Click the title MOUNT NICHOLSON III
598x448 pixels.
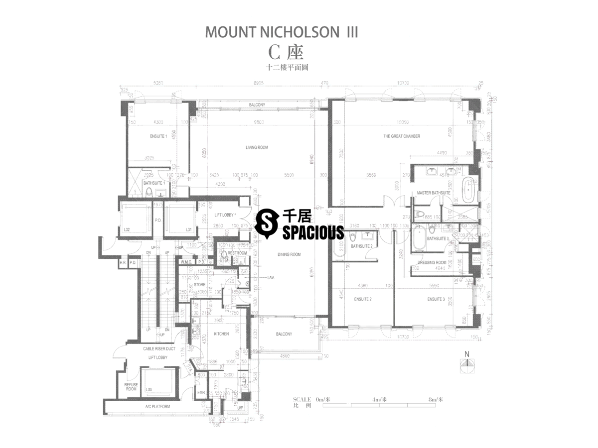click(282, 32)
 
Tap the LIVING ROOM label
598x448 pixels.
click(257, 147)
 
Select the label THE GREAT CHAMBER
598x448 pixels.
click(401, 136)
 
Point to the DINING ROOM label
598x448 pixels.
click(289, 254)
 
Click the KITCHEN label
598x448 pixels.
click(221, 334)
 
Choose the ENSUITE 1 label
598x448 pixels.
click(158, 136)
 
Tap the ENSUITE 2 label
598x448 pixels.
click(362, 299)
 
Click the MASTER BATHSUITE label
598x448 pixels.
click(434, 193)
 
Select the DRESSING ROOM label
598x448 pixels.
click(432, 262)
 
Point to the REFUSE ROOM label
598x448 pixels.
click(131, 386)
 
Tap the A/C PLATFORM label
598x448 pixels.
click(157, 407)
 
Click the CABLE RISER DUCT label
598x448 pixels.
click(158, 349)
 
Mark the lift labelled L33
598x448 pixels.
click(149, 390)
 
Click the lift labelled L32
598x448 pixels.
click(127, 229)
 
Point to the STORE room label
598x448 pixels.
click(199, 284)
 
